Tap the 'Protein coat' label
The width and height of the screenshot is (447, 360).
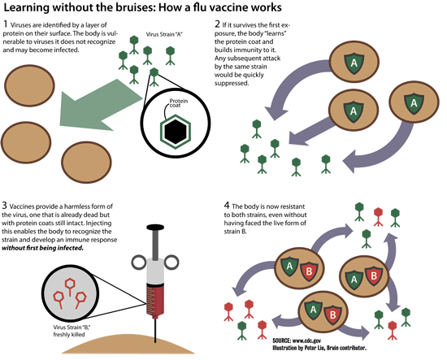click(x=179, y=103)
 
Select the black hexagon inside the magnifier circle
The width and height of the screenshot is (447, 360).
click(x=176, y=132)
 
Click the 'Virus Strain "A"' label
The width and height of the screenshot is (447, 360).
click(x=164, y=34)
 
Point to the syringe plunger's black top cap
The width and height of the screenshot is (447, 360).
click(x=155, y=228)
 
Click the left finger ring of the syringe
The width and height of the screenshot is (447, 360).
click(x=139, y=262)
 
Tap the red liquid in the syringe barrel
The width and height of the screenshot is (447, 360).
click(x=155, y=300)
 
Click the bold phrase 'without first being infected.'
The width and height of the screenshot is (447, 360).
click(x=43, y=248)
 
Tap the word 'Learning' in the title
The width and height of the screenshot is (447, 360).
click(x=27, y=7)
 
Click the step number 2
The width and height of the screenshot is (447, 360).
click(x=217, y=24)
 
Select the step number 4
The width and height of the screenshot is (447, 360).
click(x=227, y=206)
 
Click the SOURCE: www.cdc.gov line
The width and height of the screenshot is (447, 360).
click(x=297, y=340)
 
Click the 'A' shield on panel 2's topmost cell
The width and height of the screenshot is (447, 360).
click(x=354, y=62)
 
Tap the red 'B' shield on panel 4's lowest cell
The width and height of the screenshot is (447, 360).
click(x=332, y=314)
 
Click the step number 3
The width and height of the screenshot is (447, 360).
click(x=4, y=206)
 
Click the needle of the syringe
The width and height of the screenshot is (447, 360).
click(x=155, y=330)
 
